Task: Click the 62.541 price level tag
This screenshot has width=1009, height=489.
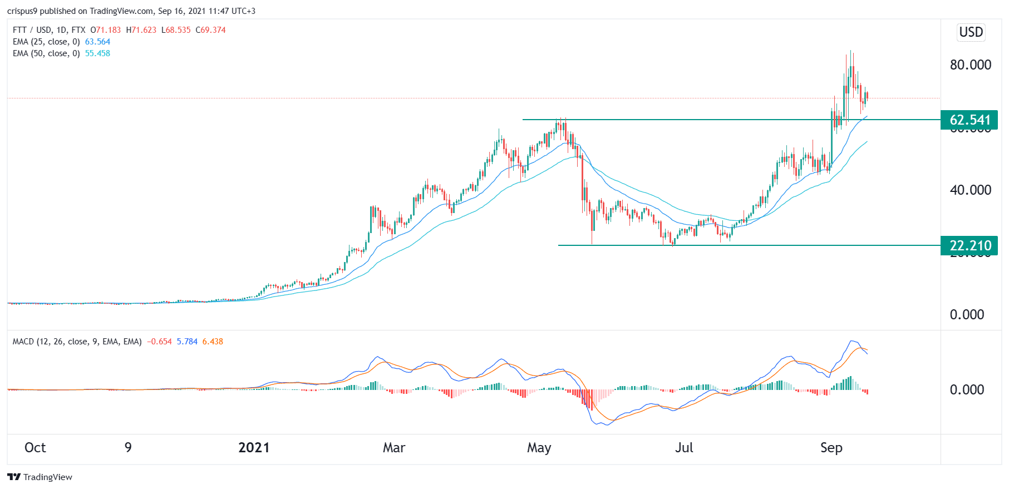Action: pos(969,120)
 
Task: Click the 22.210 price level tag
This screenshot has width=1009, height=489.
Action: pos(969,245)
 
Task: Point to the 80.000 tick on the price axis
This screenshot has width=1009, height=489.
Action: pos(970,65)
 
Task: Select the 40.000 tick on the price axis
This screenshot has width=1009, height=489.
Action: pos(970,190)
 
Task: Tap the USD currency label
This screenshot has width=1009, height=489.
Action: pos(971,32)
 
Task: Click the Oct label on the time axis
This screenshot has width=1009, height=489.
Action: pos(35,448)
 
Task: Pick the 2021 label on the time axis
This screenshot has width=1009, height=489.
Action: pos(254,448)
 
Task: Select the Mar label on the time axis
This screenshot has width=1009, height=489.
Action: pos(394,448)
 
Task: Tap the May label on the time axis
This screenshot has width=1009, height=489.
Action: pos(539,448)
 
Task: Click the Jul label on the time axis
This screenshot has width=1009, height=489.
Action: pos(684,448)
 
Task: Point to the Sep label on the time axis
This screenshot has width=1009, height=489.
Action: pos(831,448)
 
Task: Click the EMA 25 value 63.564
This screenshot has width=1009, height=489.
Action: pos(97,42)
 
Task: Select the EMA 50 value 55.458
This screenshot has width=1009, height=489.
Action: pos(97,53)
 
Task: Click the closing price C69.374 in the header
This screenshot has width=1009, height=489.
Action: pos(210,30)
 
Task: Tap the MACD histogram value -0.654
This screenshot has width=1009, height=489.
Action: pos(159,342)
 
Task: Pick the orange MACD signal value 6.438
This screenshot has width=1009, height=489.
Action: pos(213,342)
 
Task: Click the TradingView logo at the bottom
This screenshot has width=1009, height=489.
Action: pos(40,477)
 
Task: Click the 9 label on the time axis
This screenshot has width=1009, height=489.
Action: pos(128,448)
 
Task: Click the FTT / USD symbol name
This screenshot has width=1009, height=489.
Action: pos(32,30)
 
